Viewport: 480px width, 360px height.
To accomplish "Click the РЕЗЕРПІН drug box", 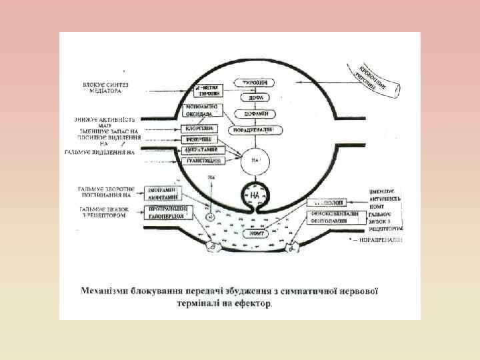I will pos(201,139).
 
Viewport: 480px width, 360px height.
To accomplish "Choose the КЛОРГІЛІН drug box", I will pos(201,127).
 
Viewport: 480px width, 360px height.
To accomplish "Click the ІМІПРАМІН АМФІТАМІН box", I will pos(167,193).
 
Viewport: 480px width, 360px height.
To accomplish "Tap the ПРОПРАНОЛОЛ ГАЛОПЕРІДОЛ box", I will pos(167,212).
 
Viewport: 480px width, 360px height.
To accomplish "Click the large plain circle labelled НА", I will pos(254,160).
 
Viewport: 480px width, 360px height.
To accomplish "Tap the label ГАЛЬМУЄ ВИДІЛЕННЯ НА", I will pos(100,153).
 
